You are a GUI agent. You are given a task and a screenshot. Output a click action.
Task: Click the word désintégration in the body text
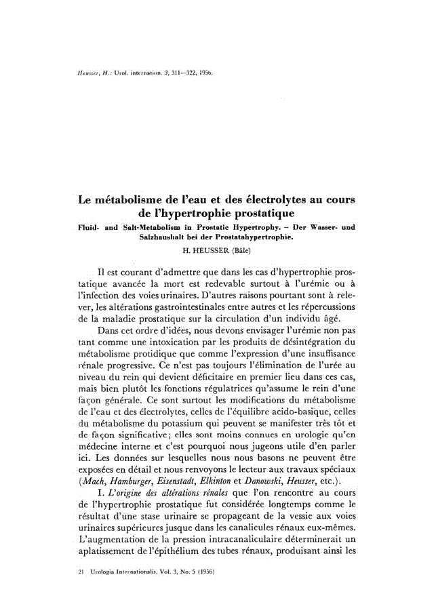tap(311, 342)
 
